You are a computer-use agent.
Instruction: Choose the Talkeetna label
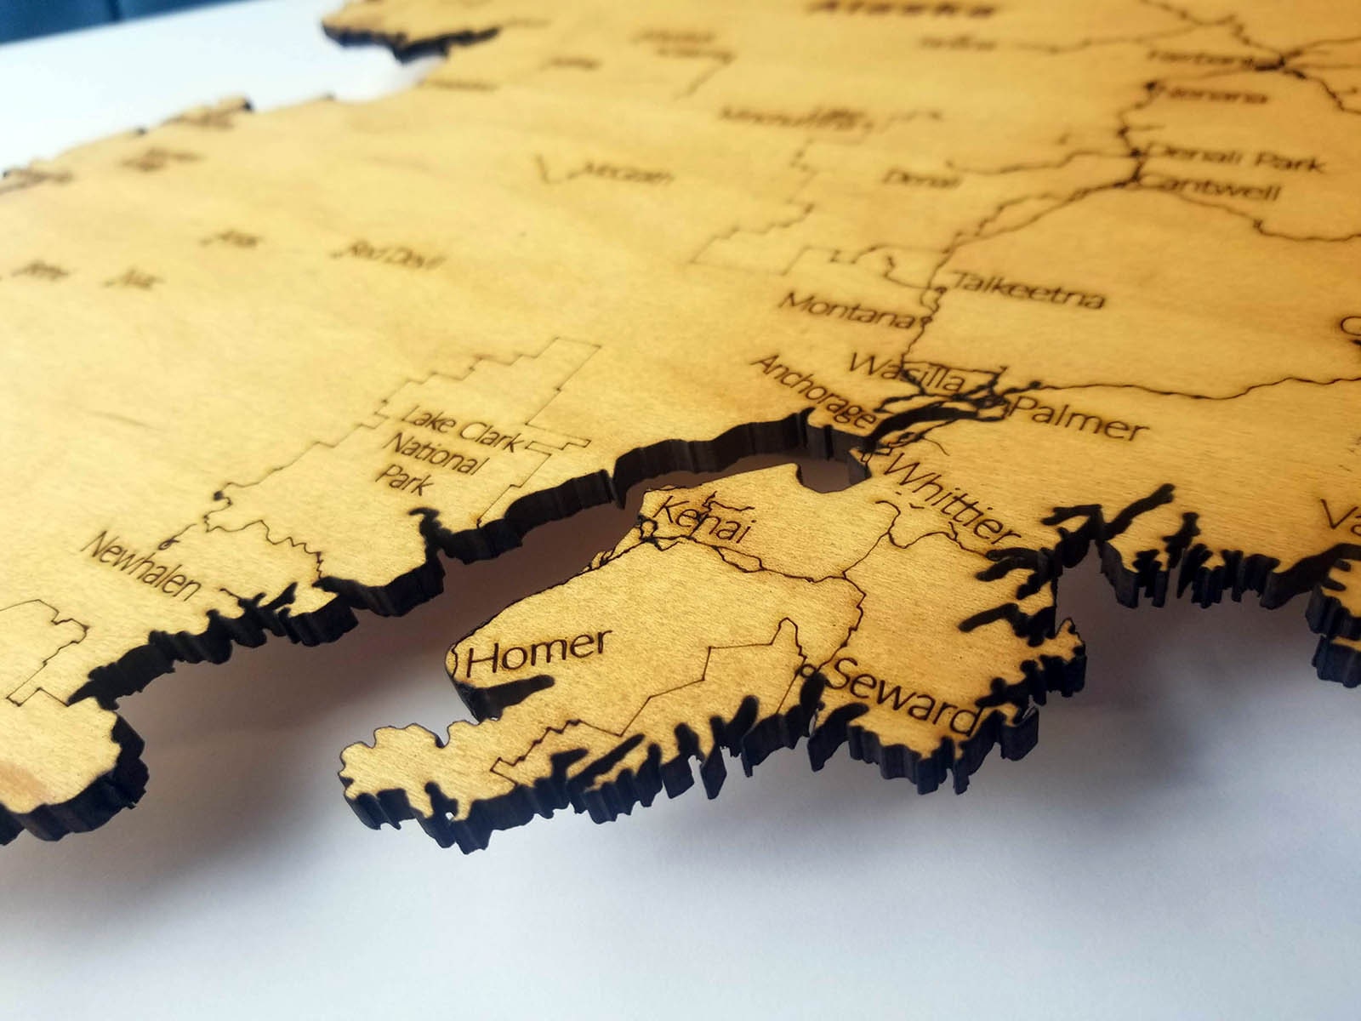1028,290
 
